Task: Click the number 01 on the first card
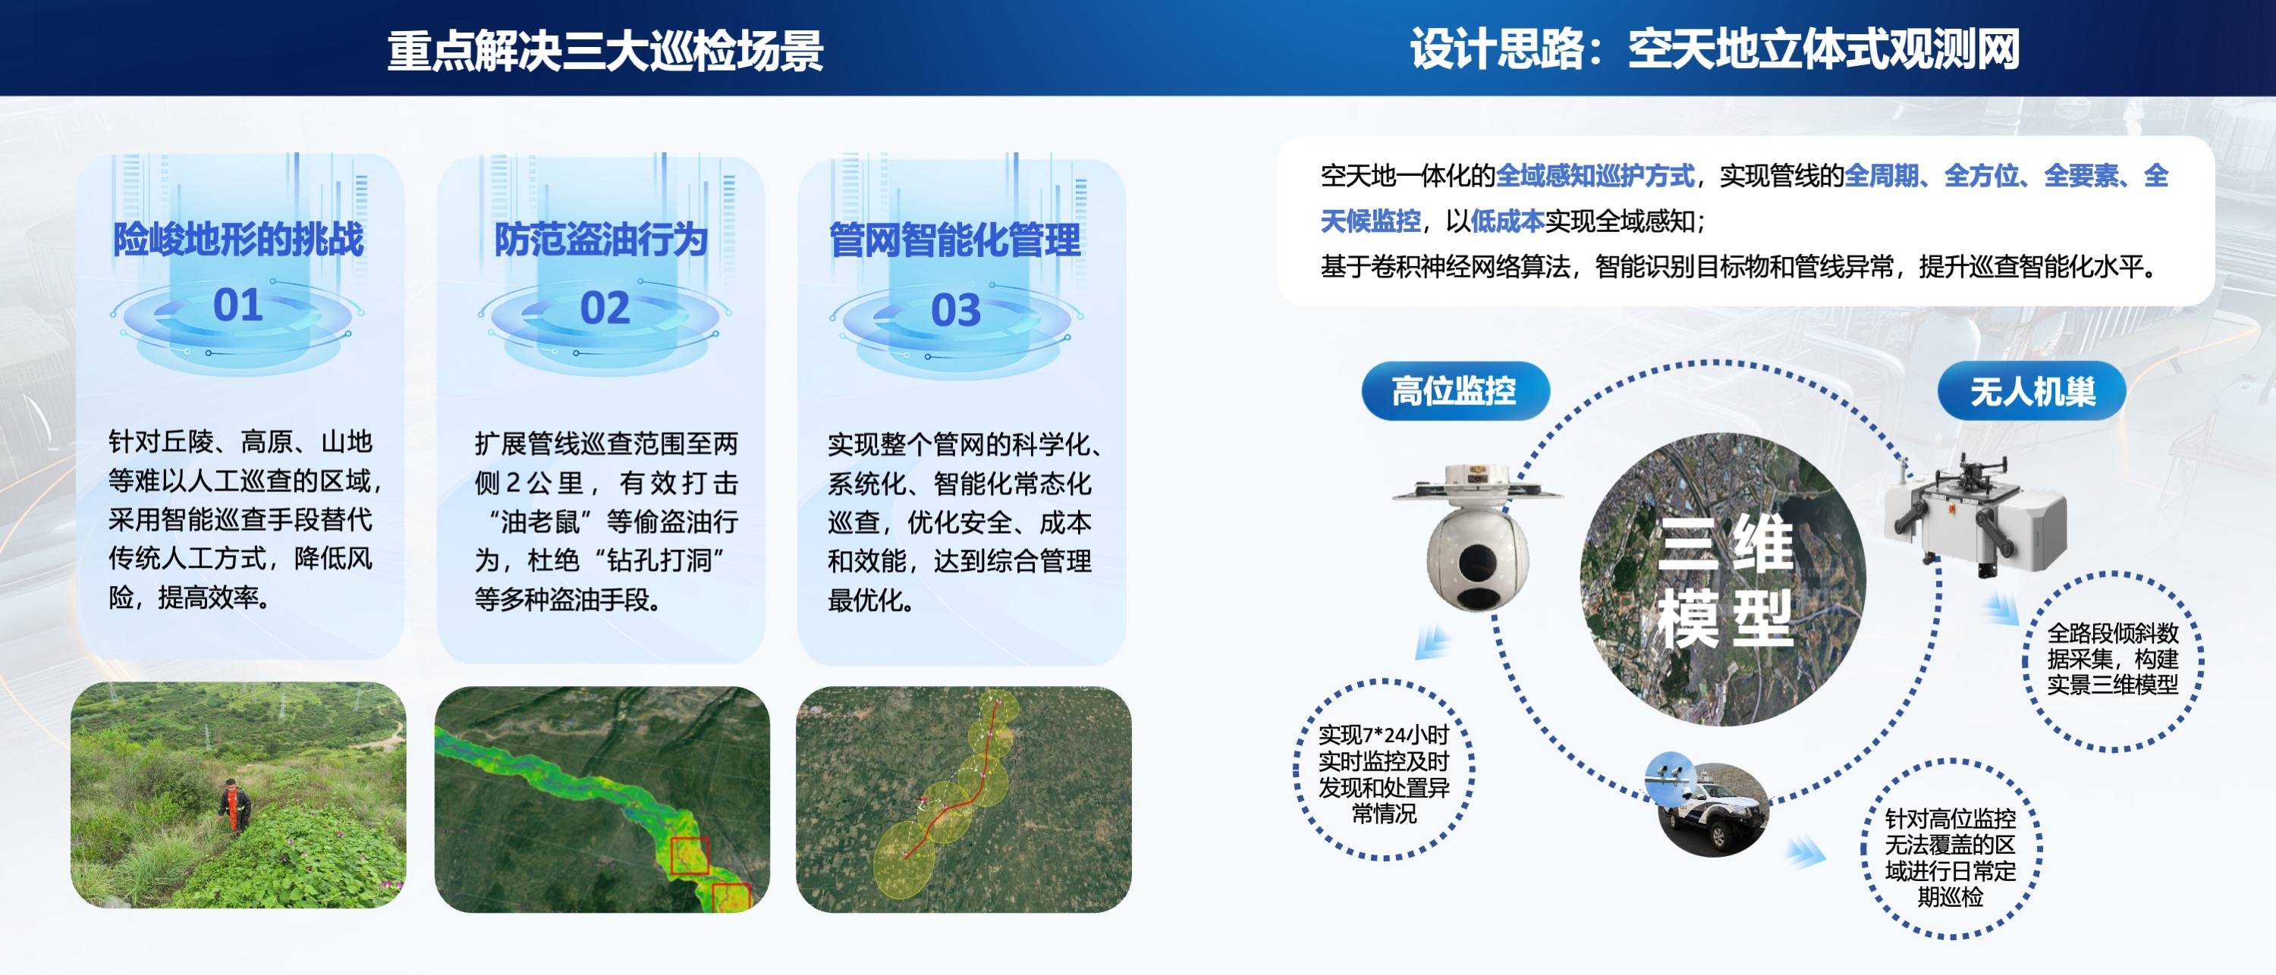(x=237, y=305)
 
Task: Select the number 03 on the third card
(x=956, y=310)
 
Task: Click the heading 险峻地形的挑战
(x=237, y=240)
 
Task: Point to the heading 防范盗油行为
(x=601, y=240)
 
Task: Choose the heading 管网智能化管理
(x=955, y=240)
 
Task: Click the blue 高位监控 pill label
(x=1454, y=390)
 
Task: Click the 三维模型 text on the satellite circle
(x=1724, y=579)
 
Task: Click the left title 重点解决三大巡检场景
(x=605, y=50)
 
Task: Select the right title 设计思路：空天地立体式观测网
(x=1714, y=49)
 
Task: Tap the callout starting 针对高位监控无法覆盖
(x=1950, y=857)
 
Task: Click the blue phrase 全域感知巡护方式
(x=1595, y=176)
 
